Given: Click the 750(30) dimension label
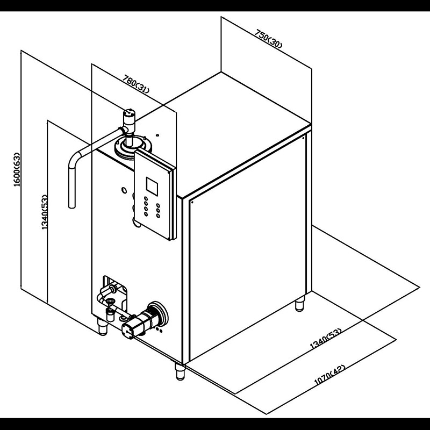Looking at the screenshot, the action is pos(268,39).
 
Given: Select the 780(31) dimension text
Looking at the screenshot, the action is pos(137,84).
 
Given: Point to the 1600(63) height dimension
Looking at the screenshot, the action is pos(17,169).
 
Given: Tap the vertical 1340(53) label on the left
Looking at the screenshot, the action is pos(44,212).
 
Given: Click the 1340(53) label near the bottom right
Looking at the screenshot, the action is pos(326,339).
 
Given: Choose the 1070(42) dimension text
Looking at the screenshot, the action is pos(329,375).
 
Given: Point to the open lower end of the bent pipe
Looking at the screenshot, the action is pos(71,206).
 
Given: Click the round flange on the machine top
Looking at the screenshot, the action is pos(133,147).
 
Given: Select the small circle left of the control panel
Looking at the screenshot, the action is pos(124,190).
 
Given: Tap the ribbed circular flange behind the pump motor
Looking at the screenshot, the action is pos(157,313).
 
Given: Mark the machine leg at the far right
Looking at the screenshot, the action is pos(300,303).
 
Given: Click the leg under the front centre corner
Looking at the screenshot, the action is pos(180,372).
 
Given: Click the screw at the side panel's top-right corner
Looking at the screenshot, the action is pos(303,138).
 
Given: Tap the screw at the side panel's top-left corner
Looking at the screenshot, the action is pos(192,203).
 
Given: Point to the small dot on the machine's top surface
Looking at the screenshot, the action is pos(157,135).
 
